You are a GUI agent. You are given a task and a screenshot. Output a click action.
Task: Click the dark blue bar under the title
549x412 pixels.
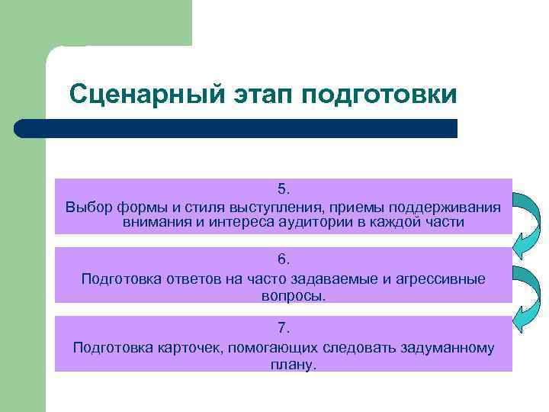coord(236,128)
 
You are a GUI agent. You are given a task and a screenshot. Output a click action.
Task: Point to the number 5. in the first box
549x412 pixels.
coord(284,188)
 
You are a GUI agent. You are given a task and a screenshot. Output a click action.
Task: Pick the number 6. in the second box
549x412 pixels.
coord(284,259)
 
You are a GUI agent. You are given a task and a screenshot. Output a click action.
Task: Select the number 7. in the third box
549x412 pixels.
coord(284,328)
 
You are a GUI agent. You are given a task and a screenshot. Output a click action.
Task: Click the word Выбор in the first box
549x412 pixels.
coord(86,208)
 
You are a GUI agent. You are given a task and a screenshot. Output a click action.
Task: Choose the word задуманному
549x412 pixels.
coord(445,348)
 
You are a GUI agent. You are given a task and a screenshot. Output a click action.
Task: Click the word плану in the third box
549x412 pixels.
coord(282,364)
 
